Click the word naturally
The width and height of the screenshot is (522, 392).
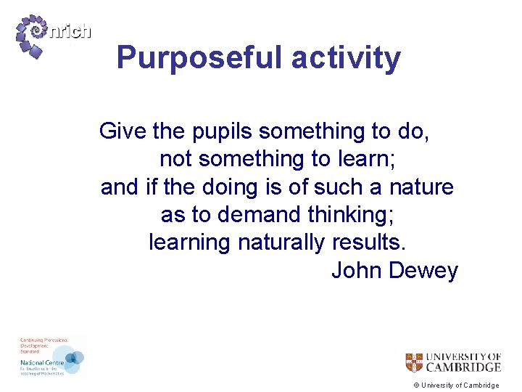(281, 242)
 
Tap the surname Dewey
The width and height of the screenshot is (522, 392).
(424, 271)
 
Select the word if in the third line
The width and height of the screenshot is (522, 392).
(152, 187)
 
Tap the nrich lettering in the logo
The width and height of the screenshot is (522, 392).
(71, 31)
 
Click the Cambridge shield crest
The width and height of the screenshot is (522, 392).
(414, 362)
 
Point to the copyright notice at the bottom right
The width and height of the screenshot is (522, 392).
(456, 385)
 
